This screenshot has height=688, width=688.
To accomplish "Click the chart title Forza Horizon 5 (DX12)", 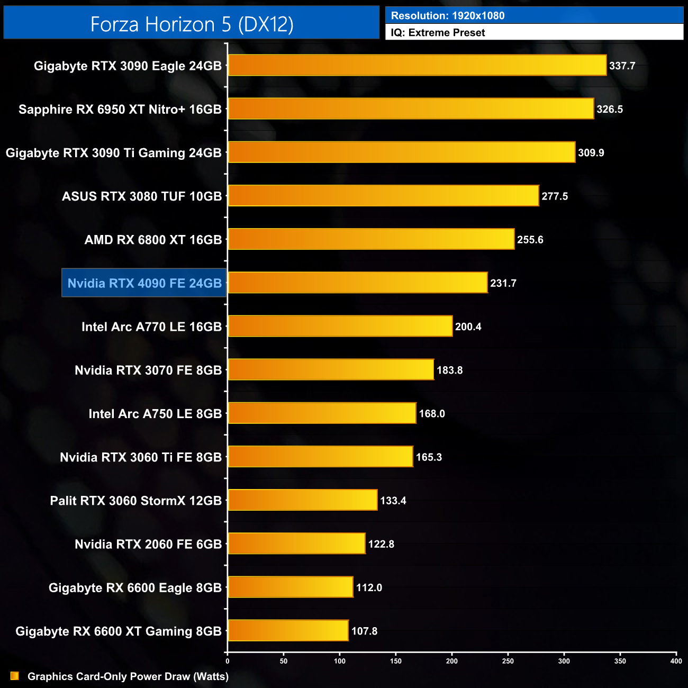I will (x=192, y=24).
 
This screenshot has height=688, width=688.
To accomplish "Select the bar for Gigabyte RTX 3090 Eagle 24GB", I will (x=417, y=66).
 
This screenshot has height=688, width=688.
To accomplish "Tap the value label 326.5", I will (x=610, y=110).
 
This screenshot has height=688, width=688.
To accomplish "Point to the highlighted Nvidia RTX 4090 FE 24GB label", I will (x=144, y=283).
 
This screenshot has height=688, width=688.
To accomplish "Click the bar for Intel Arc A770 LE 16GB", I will (x=340, y=327).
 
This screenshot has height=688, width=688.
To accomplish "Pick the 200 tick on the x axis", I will (x=452, y=661).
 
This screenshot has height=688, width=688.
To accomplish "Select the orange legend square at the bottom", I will (x=15, y=676).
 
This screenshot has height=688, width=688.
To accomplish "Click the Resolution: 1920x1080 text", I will (x=448, y=16).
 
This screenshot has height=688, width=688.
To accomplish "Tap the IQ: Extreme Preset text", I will (x=438, y=33).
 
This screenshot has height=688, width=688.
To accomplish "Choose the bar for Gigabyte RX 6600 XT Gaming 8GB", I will (x=288, y=631).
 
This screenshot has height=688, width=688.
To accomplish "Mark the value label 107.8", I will (x=364, y=631).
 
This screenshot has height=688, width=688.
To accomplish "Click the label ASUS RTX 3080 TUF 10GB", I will (x=142, y=196).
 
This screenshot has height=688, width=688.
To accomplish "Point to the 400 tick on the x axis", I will (x=676, y=661).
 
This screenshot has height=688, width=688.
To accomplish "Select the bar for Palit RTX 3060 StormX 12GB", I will (x=303, y=500).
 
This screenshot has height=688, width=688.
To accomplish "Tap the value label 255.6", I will (x=530, y=240).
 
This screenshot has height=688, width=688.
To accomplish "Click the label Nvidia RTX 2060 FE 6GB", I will (x=148, y=544).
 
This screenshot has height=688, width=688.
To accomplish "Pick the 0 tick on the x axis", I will (x=228, y=661).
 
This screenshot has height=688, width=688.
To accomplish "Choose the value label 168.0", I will (x=432, y=414).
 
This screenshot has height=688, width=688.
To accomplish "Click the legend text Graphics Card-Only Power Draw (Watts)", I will (x=128, y=676).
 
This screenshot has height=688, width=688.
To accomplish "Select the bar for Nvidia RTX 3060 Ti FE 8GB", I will (x=320, y=457).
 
